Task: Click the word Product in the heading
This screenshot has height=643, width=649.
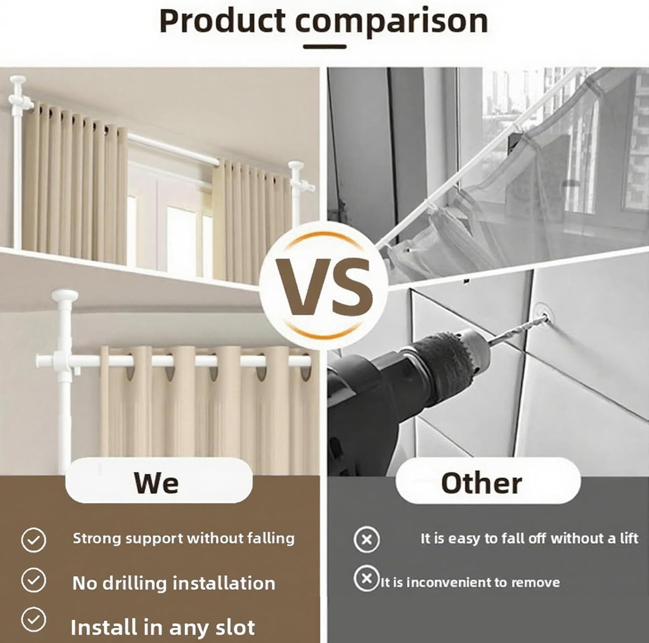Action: tap(222, 21)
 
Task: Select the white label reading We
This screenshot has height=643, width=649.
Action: tap(158, 482)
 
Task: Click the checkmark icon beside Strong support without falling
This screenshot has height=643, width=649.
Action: tap(34, 540)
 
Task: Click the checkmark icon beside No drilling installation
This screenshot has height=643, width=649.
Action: tap(34, 580)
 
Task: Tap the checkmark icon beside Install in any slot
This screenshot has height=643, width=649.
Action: tap(34, 619)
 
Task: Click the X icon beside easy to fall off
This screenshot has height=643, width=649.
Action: tap(366, 540)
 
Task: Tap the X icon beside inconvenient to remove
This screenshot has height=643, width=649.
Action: tap(366, 578)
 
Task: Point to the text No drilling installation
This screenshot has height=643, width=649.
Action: tap(173, 583)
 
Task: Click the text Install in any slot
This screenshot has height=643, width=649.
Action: tap(163, 627)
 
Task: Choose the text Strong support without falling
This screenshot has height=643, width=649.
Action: tap(183, 538)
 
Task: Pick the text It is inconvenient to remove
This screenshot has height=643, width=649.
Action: tap(470, 582)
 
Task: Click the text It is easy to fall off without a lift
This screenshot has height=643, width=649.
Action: tap(529, 538)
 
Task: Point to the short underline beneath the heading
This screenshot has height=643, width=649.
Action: tap(324, 46)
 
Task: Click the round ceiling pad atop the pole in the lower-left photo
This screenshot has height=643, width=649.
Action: tap(64, 296)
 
